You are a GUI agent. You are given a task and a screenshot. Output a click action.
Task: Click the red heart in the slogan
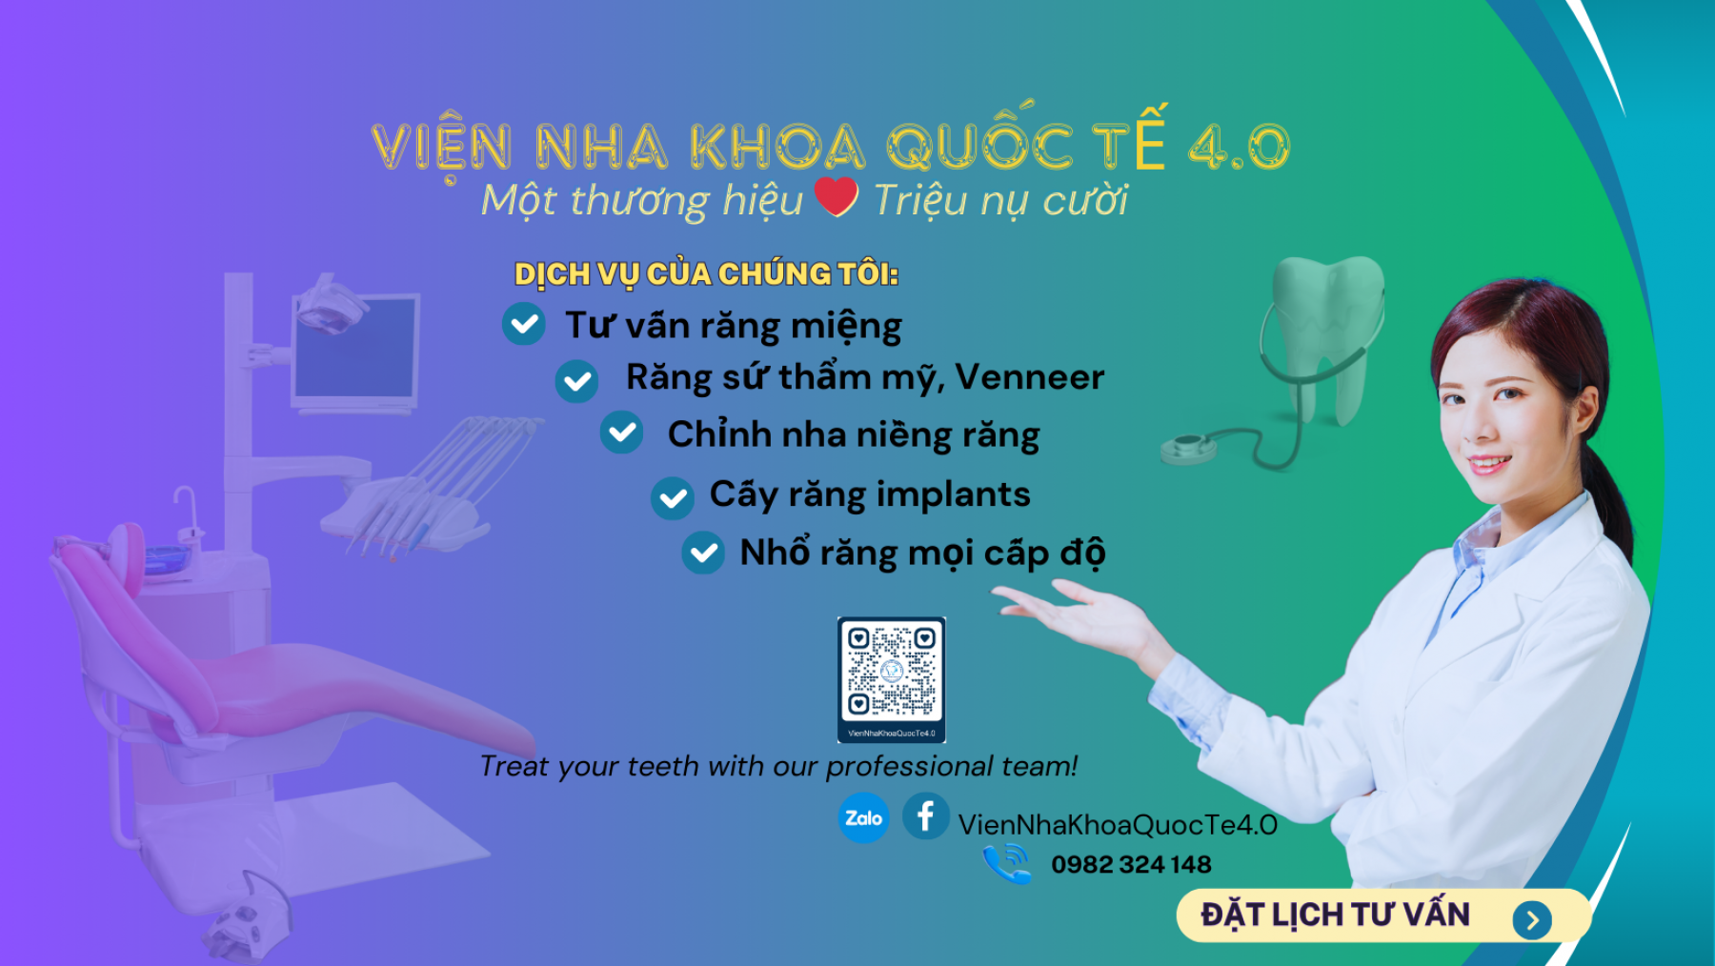pyautogui.click(x=837, y=196)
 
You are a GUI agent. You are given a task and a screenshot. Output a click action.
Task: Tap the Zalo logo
pyautogui.click(x=863, y=817)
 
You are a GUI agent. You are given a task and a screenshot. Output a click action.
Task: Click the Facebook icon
pyautogui.click(x=925, y=816)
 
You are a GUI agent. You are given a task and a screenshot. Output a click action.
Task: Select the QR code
pyautogui.click(x=892, y=679)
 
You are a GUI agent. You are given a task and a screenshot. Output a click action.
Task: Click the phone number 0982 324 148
pyautogui.click(x=1131, y=864)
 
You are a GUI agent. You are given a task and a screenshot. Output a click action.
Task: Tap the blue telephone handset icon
pyautogui.click(x=1007, y=863)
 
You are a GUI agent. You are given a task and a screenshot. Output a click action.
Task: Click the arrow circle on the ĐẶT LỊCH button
pyautogui.click(x=1532, y=920)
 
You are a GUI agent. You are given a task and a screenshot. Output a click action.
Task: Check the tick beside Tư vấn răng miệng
pyautogui.click(x=524, y=324)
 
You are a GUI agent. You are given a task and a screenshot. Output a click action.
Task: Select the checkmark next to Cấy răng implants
pyautogui.click(x=673, y=498)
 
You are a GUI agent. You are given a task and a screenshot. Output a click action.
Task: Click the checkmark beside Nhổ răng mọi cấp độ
pyautogui.click(x=703, y=553)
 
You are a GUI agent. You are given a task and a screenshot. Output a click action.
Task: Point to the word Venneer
pyautogui.click(x=1030, y=377)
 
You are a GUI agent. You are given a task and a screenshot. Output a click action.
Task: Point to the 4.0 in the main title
pyautogui.click(x=1240, y=147)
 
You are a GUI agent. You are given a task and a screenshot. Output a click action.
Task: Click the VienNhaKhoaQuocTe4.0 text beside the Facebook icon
pyautogui.click(x=1118, y=824)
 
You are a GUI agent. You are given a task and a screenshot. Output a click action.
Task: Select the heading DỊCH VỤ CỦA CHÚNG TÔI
pyautogui.click(x=706, y=274)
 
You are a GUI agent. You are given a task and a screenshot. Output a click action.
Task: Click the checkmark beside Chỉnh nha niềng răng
pyautogui.click(x=622, y=433)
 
